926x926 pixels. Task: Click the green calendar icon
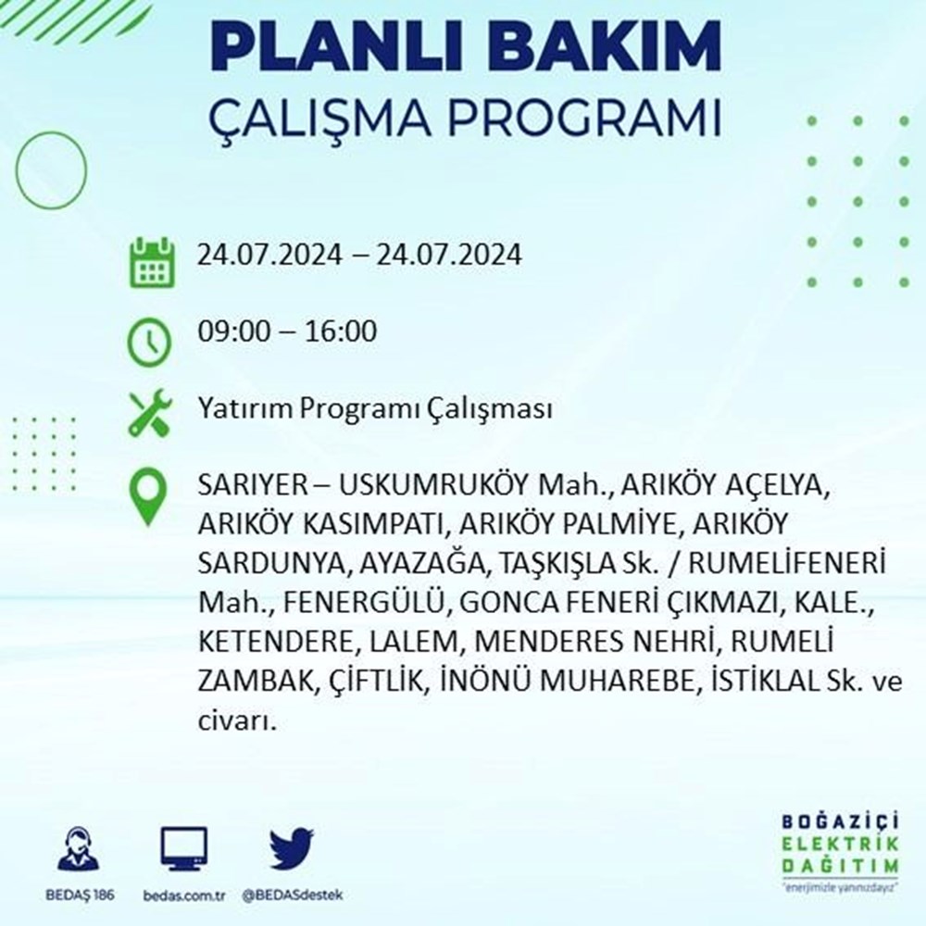point(152,262)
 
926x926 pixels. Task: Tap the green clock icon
point(149,342)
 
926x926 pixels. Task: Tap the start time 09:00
point(233,331)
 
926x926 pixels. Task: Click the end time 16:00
point(341,331)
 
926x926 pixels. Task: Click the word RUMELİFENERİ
point(787,563)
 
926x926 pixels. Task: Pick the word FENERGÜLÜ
point(363,602)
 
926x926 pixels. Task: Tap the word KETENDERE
point(275,642)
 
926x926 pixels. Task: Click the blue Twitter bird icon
point(292,848)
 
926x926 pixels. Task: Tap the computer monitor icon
point(183,849)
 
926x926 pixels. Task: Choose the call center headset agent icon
point(79,849)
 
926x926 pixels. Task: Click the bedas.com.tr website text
point(184,895)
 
